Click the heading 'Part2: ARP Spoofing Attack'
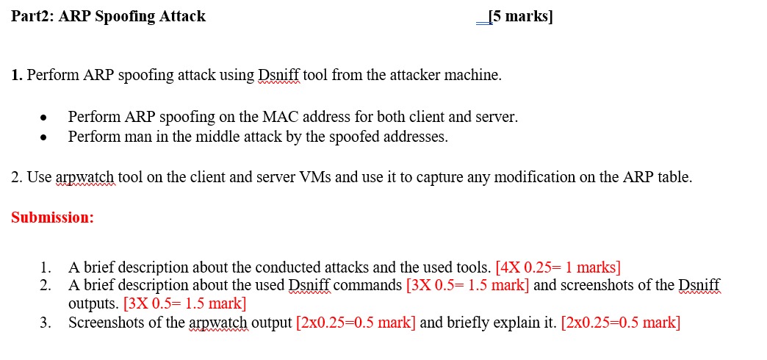(x=109, y=16)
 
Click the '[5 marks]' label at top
(x=521, y=16)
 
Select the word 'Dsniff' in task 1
(x=278, y=75)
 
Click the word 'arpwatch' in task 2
(x=84, y=177)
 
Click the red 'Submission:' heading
(x=53, y=217)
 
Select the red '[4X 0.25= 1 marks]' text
(x=558, y=267)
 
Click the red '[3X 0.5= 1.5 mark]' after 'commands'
(x=467, y=285)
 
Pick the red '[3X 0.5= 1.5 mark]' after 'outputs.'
(x=185, y=303)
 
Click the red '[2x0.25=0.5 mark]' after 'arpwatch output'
(x=356, y=322)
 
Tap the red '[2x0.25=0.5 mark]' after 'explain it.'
(x=621, y=322)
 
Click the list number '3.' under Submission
(x=46, y=322)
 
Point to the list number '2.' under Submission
(x=46, y=285)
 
